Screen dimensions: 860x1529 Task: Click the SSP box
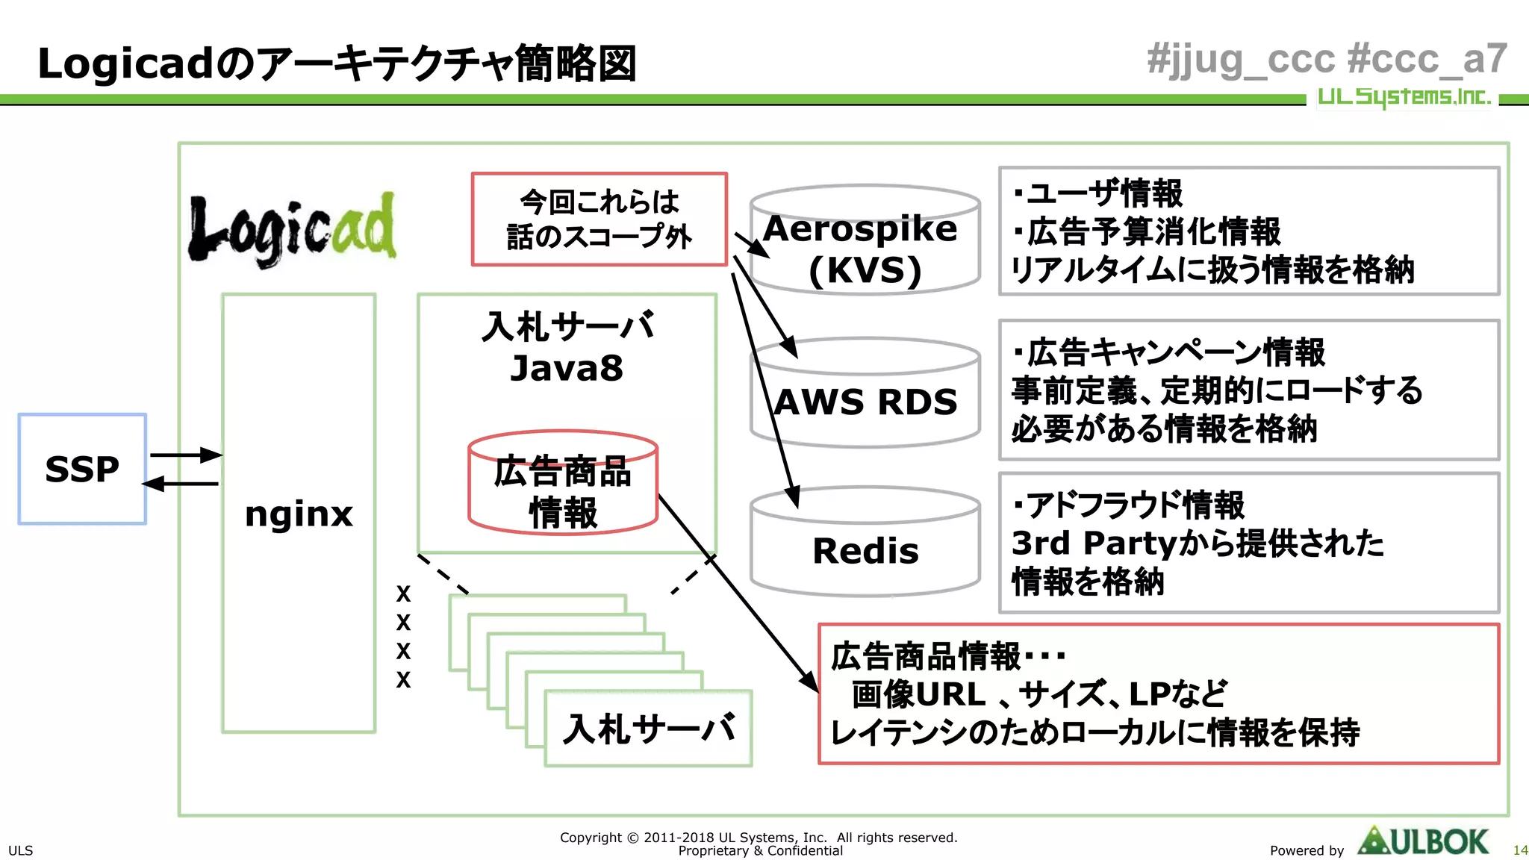point(82,469)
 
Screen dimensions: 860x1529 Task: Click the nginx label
point(299,514)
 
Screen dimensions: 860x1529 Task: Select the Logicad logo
point(292,228)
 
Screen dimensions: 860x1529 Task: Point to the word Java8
point(566,368)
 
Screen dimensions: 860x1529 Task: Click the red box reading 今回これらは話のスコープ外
point(599,219)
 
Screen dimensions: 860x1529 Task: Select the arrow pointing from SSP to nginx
point(185,455)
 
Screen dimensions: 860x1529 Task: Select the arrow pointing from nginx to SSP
point(181,484)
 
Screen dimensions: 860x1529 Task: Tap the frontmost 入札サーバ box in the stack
point(648,729)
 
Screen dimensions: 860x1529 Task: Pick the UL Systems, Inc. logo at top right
point(1404,97)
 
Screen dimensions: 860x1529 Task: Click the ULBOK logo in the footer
point(1423,842)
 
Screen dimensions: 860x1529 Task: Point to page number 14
point(1519,850)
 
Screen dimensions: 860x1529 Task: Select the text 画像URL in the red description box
point(918,694)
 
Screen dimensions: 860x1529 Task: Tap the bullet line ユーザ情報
point(1097,193)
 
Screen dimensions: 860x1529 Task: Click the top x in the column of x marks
point(403,594)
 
